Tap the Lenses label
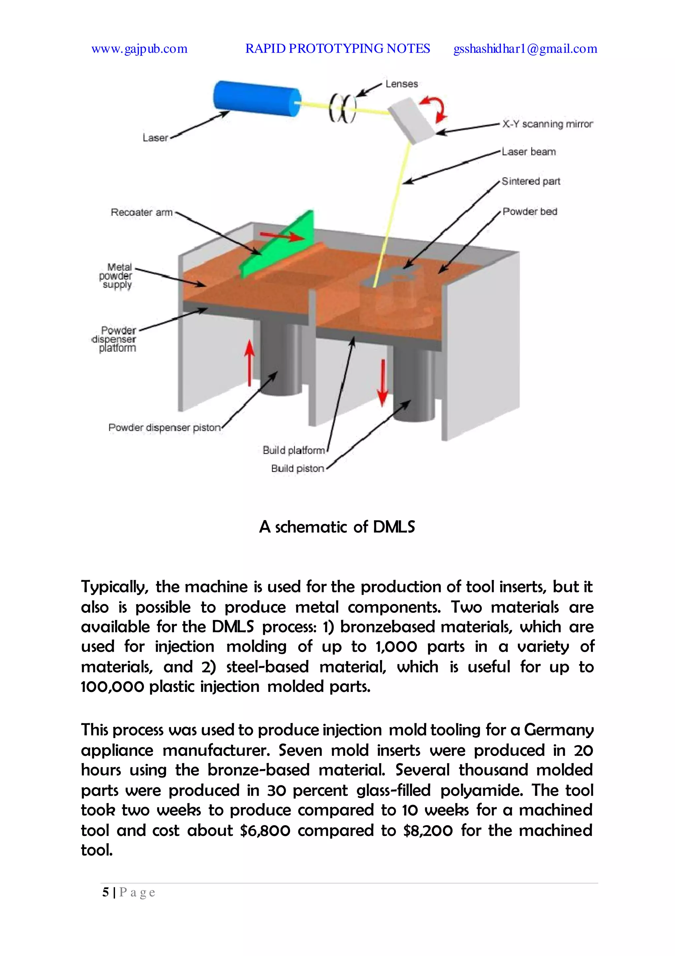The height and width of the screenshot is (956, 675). (401, 84)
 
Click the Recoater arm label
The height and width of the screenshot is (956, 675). (142, 212)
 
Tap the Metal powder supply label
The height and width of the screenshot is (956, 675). (116, 276)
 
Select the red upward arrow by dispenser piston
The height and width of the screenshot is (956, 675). (249, 362)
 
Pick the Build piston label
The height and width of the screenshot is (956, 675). (297, 468)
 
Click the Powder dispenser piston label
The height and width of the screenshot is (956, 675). (164, 428)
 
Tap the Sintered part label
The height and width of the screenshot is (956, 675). (531, 181)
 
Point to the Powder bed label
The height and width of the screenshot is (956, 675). (530, 212)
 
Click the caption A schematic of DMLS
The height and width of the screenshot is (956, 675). (337, 527)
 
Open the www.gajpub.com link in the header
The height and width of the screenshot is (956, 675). (139, 49)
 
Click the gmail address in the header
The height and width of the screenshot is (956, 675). (525, 49)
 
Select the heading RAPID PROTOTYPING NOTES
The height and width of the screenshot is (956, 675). (337, 49)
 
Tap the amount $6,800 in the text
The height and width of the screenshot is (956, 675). (265, 830)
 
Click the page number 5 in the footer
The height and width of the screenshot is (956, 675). (106, 892)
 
